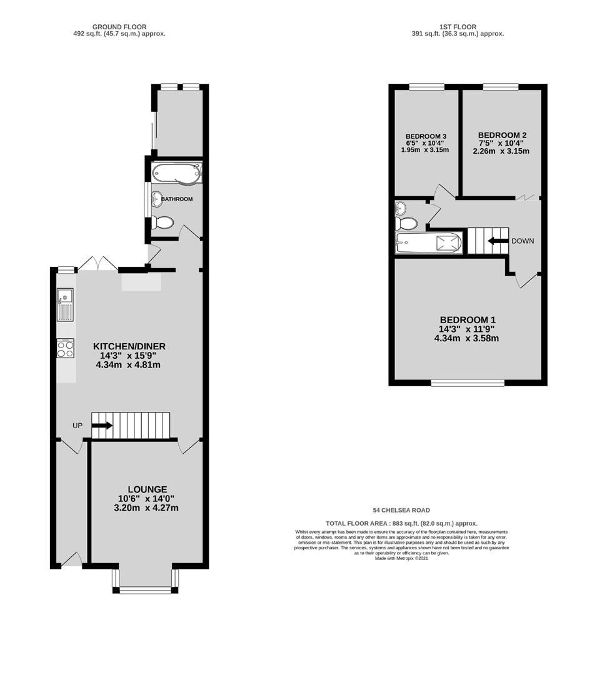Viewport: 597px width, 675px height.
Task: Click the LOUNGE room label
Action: pos(147,489)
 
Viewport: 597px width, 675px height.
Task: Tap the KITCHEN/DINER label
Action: pos(129,346)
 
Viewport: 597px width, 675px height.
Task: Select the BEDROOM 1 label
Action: pos(468,320)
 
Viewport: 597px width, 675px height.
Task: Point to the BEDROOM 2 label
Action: pos(502,135)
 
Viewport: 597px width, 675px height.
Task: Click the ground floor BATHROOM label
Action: pos(177,199)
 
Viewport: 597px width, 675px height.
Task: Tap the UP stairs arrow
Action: pos(102,426)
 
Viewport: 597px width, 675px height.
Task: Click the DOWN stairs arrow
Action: pos(498,241)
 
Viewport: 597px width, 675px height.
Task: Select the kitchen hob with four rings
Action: pos(66,348)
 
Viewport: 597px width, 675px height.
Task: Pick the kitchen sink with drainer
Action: pos(66,305)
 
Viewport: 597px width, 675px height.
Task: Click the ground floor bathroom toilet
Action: pos(163,222)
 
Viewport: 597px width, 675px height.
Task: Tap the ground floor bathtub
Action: pos(177,172)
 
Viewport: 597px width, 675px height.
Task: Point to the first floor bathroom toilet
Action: pos(406,223)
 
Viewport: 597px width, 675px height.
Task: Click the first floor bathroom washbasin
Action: pos(400,208)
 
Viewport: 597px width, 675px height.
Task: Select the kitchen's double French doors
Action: pos(98,264)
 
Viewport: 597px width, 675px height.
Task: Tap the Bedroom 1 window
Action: pos(468,382)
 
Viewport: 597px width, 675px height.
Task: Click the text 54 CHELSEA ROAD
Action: pos(401,510)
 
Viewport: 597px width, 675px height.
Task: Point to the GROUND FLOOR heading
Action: pos(119,27)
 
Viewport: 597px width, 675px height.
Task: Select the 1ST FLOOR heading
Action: pos(458,27)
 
